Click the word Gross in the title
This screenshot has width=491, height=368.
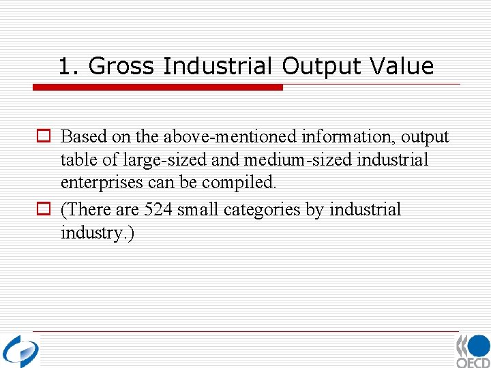coord(122,67)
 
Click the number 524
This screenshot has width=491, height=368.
coord(158,209)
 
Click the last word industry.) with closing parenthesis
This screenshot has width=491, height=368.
coord(98,233)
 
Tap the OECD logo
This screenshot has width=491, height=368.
coord(473,351)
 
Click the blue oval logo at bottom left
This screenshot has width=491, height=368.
coord(20,350)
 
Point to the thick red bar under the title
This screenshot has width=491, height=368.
coord(158,87)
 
